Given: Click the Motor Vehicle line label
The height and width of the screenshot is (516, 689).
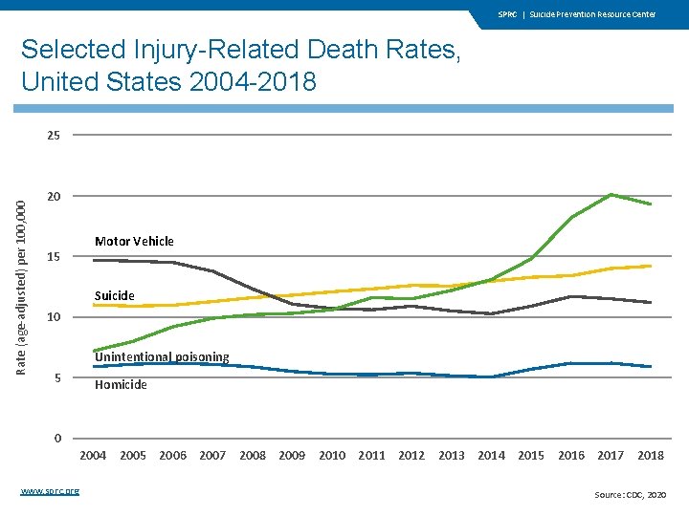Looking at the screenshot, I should (134, 241).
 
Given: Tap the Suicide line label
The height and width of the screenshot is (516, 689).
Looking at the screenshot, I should (114, 295).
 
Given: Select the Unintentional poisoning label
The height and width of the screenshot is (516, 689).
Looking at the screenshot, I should (162, 356).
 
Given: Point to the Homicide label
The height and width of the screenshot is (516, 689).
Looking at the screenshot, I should (121, 384).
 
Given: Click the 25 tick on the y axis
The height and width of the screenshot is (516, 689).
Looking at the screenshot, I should (53, 136).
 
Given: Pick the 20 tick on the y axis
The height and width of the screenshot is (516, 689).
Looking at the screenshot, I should (53, 197).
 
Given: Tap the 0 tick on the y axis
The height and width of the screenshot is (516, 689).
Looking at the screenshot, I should (57, 439).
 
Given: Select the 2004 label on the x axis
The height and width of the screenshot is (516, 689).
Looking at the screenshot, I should (93, 456).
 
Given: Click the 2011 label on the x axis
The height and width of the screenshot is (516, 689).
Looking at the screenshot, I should (371, 456).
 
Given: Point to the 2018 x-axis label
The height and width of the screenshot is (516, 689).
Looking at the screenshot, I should (651, 456).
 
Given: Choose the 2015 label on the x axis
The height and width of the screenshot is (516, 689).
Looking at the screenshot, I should (531, 456).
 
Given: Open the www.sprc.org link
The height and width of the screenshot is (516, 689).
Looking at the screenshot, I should (50, 491).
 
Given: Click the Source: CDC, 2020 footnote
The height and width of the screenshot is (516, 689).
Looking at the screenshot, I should (631, 494).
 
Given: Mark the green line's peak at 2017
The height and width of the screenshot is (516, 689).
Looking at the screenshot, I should (611, 195).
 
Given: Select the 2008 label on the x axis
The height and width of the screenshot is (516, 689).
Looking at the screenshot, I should (253, 456).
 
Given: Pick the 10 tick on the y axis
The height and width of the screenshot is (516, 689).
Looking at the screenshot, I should (53, 317).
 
